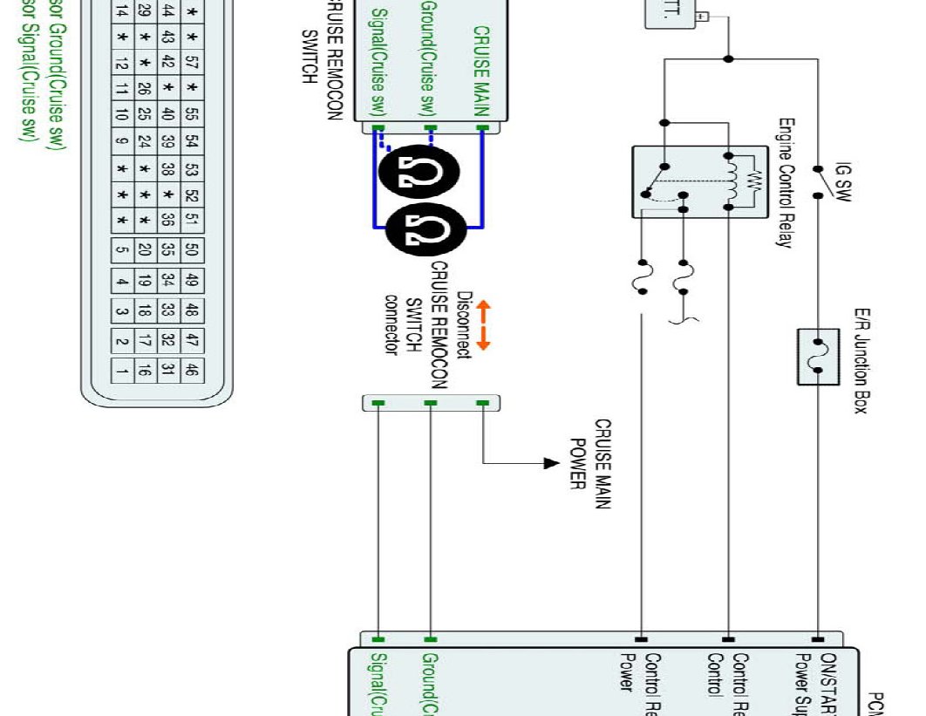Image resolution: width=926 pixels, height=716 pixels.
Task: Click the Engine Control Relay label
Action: click(786, 183)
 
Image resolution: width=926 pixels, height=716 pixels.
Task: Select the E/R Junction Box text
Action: click(861, 360)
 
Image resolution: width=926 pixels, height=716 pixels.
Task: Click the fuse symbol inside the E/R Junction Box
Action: click(818, 356)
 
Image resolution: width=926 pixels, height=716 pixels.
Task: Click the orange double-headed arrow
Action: click(484, 325)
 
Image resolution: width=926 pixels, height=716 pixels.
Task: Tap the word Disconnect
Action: click(464, 325)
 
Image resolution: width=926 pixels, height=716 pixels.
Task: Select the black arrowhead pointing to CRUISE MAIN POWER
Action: click(550, 463)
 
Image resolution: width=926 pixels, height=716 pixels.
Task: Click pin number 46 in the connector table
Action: click(191, 370)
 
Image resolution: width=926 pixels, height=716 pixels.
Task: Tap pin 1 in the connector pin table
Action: click(123, 370)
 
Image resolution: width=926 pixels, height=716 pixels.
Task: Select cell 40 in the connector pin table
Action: click(167, 114)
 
